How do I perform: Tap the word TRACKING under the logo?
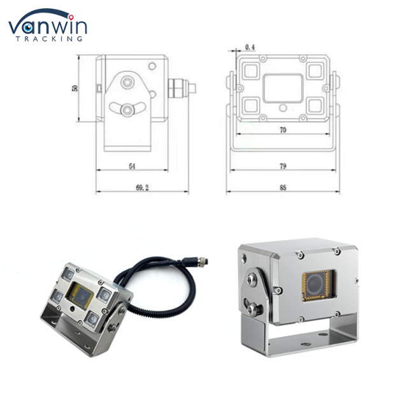click(49, 39)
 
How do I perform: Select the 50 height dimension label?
click(75, 88)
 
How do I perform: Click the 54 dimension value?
click(132, 166)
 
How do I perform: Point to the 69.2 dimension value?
click(142, 187)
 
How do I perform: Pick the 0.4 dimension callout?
click(250, 47)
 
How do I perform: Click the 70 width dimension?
click(283, 130)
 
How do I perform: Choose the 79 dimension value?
click(283, 166)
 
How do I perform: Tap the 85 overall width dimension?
click(283, 187)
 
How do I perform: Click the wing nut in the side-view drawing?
click(128, 109)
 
